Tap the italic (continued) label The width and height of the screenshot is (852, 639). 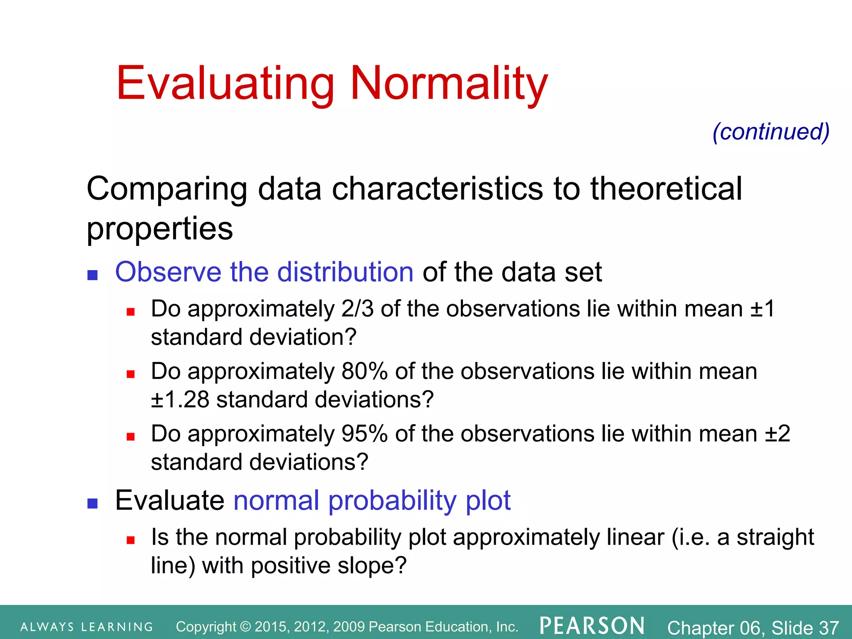coord(771,132)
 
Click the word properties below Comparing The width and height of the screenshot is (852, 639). coord(160,228)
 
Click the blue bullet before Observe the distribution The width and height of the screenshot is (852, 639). coord(92,275)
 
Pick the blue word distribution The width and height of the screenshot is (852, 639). coord(345,272)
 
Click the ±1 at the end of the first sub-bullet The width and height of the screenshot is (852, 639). coord(762,309)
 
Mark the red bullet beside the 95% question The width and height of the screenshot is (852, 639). coord(131,436)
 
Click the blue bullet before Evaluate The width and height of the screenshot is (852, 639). coord(92,503)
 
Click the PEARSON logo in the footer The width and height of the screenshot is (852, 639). coord(592,626)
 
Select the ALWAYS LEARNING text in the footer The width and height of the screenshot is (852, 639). coord(87,627)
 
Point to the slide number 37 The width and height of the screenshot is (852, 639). coord(829,627)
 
